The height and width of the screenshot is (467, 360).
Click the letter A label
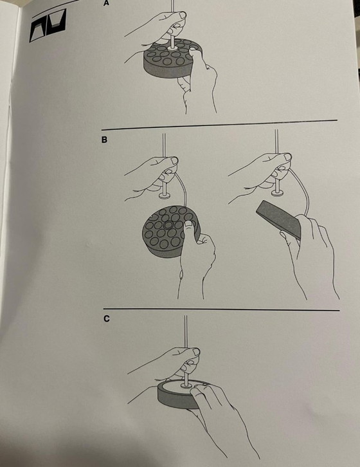pyautogui.click(x=106, y=3)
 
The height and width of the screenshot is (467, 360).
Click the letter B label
pyautogui.click(x=104, y=140)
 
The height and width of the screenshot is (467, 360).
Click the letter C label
pyautogui.click(x=106, y=318)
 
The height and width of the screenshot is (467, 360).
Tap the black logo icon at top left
pyautogui.click(x=48, y=25)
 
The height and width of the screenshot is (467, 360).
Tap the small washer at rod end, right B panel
pyautogui.click(x=277, y=193)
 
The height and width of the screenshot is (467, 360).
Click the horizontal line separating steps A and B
pyautogui.click(x=219, y=125)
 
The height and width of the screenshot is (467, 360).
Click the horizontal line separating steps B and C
pyautogui.click(x=221, y=309)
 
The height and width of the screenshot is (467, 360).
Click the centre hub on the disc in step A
pyautogui.click(x=172, y=48)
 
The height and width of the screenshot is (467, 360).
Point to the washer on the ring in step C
pyautogui.click(x=186, y=386)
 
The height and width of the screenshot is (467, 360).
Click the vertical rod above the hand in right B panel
pyautogui.click(x=276, y=141)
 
